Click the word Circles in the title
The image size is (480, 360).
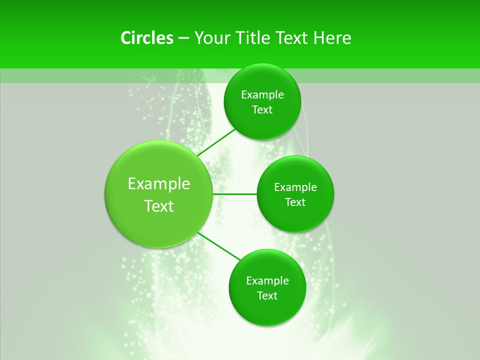[x=146, y=38]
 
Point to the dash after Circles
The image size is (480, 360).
[x=183, y=38]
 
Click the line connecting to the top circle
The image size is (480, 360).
[x=216, y=142]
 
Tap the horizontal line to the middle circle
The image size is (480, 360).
[x=234, y=193]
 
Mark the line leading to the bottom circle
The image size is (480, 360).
[x=219, y=245]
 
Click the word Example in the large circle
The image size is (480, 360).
[x=159, y=184]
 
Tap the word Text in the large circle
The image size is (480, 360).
[x=159, y=206]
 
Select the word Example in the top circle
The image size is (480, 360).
[x=262, y=95]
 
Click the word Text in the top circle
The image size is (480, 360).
[x=262, y=110]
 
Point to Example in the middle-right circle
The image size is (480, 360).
[x=295, y=187]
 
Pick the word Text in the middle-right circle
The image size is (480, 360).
[x=295, y=202]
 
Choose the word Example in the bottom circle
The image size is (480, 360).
[x=267, y=281]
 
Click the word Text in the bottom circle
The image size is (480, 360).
[x=267, y=296]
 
